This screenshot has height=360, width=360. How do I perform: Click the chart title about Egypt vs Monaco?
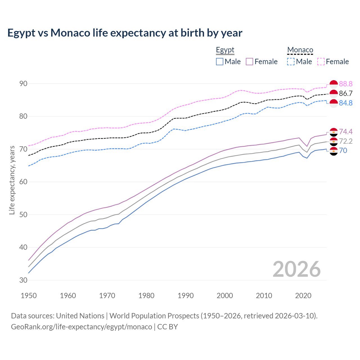point(125,33)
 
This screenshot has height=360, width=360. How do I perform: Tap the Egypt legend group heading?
point(225,50)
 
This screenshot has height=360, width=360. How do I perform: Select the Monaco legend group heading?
point(300,50)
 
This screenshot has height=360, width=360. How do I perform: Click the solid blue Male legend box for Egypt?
point(220,62)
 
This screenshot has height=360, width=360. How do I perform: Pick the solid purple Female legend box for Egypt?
point(249,62)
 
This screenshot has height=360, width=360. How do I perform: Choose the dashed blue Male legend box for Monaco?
point(291,62)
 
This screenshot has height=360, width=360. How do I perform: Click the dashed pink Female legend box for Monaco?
point(321,62)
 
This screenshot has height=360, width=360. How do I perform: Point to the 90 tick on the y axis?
point(23,84)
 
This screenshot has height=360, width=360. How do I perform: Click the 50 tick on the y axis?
point(23,215)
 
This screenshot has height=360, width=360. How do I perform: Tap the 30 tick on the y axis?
point(23,280)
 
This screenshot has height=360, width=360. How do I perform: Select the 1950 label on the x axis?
point(29,296)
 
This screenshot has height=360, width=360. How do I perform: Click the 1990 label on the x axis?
point(186,296)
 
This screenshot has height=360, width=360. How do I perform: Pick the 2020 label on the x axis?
point(303,296)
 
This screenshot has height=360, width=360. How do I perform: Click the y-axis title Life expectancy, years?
point(12,180)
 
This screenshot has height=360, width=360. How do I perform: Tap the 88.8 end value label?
point(346,84)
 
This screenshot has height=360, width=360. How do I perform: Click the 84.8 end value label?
point(346,103)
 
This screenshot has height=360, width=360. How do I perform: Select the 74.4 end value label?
point(346,132)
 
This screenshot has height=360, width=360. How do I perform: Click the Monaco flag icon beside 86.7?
point(334,94)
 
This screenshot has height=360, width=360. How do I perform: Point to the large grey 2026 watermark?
point(296,269)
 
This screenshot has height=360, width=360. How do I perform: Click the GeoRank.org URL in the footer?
point(82,327)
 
